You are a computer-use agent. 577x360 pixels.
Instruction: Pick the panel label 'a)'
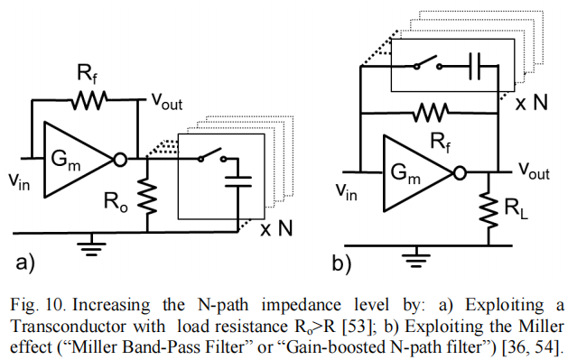[27, 262]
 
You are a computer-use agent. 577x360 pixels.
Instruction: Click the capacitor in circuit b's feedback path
[479, 66]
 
